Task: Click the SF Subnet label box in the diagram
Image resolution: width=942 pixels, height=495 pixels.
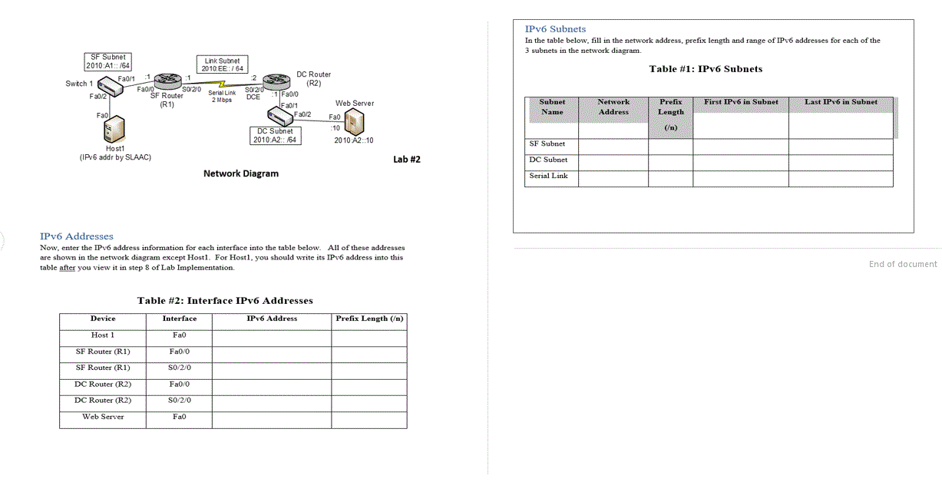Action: [x=107, y=61]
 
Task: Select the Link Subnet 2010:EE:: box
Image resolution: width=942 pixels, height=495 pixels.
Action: [x=222, y=64]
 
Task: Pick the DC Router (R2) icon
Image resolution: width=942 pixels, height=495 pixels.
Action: [x=274, y=81]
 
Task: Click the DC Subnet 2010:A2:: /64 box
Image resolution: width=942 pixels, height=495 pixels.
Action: [x=276, y=135]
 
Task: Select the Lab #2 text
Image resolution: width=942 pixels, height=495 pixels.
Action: [x=406, y=160]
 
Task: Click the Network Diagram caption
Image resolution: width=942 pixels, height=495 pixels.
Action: [x=241, y=173]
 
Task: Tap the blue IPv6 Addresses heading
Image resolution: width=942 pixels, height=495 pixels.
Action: [x=76, y=236]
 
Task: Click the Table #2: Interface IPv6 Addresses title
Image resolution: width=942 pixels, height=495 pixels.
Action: [x=225, y=301]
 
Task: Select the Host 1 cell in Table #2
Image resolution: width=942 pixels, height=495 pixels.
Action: [x=103, y=335]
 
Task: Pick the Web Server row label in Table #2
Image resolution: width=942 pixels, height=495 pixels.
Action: [x=103, y=417]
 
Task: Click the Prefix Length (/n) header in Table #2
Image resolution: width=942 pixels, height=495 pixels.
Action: [x=369, y=318]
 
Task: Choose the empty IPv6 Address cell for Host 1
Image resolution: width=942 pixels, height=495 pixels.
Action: [x=272, y=335]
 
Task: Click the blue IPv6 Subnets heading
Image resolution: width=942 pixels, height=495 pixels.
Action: [x=555, y=29]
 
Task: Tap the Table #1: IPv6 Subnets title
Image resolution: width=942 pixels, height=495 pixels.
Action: [x=706, y=69]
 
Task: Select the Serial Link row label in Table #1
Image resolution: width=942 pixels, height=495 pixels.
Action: [x=549, y=176]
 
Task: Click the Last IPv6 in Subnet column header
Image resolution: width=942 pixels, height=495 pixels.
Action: [x=841, y=102]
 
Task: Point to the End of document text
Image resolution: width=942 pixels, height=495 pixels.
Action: [x=903, y=264]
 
